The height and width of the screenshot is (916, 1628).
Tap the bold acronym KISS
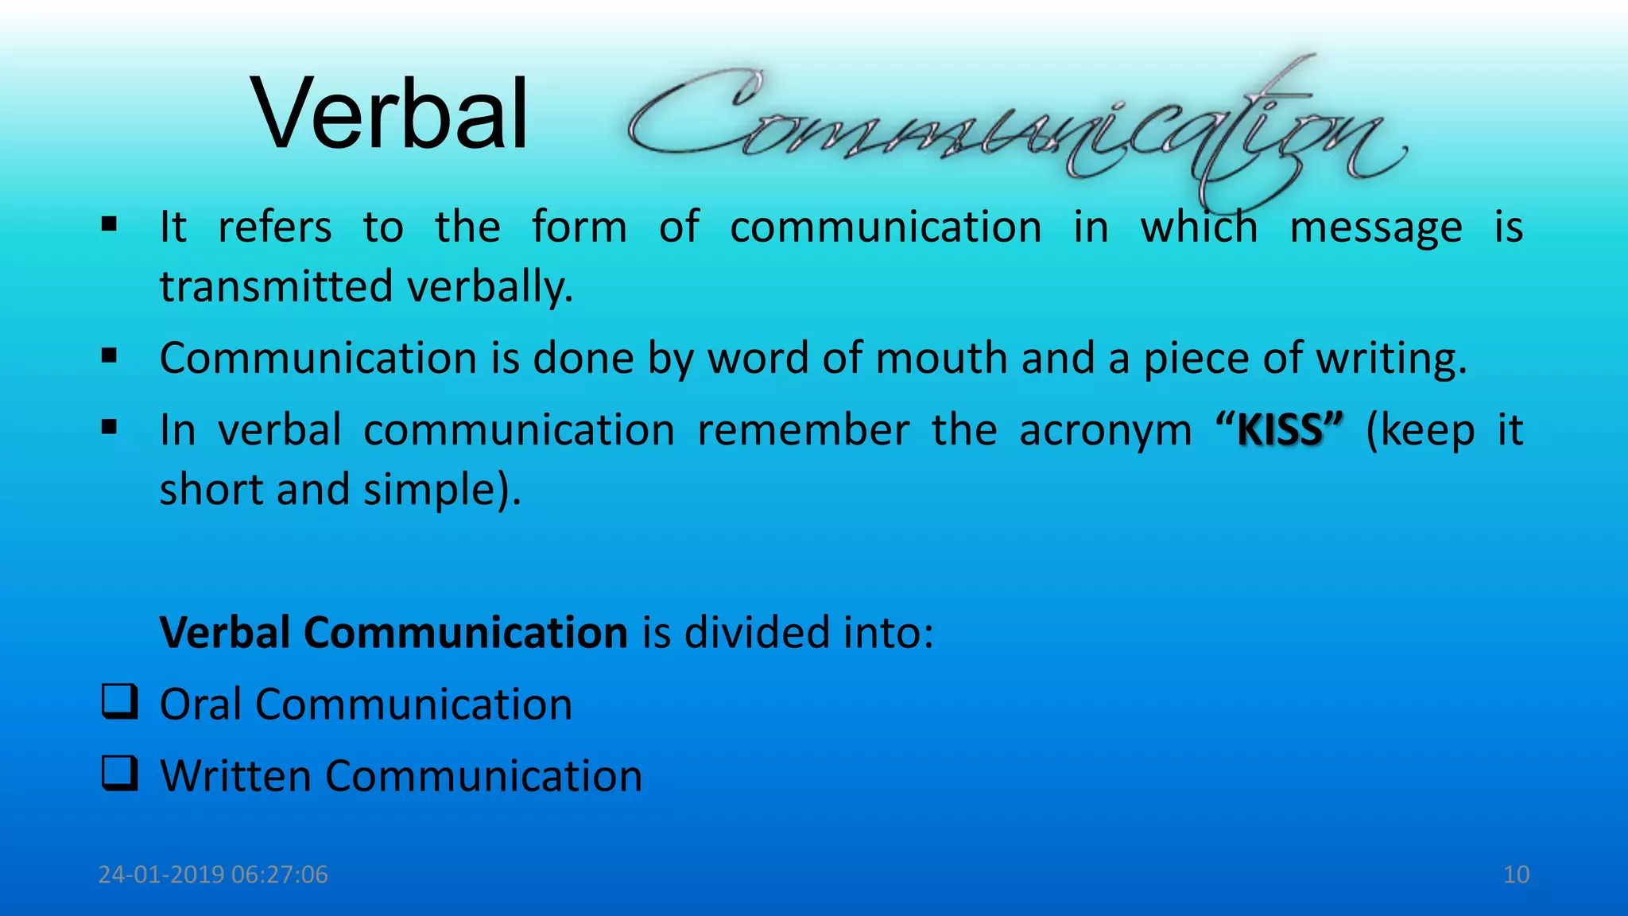point(1280,430)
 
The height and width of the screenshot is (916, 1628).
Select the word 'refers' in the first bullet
point(275,227)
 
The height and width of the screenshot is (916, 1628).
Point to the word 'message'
point(1375,227)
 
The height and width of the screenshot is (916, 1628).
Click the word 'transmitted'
point(276,286)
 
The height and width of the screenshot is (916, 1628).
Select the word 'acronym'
point(1105,430)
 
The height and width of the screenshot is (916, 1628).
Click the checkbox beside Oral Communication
point(119,702)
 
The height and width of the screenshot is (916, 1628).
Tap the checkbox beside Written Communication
point(119,774)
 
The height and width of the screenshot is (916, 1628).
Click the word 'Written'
point(235,776)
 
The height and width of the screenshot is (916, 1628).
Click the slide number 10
point(1516,875)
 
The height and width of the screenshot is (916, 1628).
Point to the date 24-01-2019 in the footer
point(161,875)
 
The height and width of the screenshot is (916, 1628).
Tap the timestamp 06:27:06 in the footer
point(280,875)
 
